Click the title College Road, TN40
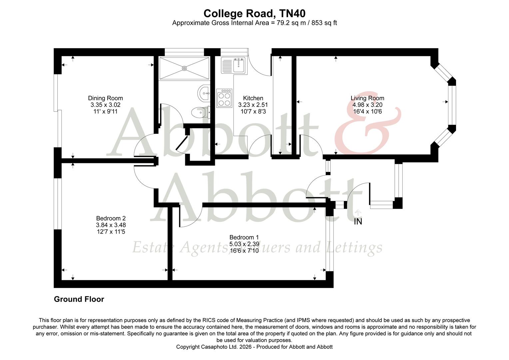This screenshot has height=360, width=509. [254, 13]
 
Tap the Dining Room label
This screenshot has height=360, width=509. [105, 98]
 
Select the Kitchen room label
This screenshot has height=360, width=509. [253, 98]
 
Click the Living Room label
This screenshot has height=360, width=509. [367, 98]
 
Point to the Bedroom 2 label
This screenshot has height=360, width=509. [111, 218]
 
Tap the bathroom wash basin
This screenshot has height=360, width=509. [203, 93]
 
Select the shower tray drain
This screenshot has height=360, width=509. [184, 68]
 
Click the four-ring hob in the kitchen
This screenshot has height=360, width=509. [224, 98]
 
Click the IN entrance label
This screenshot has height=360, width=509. [358, 222]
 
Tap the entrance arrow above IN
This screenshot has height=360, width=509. [358, 212]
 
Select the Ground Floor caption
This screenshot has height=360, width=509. [79, 299]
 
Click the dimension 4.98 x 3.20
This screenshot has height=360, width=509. [367, 105]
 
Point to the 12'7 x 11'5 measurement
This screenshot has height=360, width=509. [111, 232]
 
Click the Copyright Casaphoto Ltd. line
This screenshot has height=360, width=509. [254, 347]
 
